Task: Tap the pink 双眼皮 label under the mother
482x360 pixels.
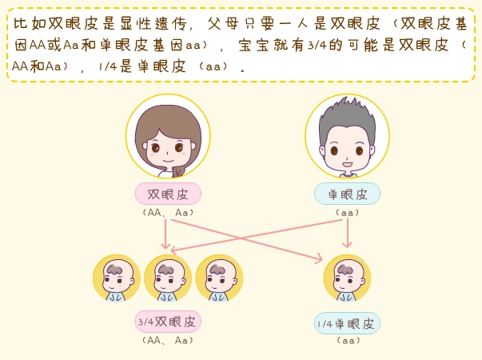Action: point(168,194)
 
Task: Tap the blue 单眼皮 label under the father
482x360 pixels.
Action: point(347,194)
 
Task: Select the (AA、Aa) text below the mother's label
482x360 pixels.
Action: point(168,213)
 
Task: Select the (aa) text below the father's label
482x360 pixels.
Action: point(347,213)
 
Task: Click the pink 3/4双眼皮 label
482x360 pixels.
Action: point(168,322)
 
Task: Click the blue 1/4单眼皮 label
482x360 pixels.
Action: point(347,323)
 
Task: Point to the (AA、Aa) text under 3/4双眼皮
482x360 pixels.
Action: point(168,340)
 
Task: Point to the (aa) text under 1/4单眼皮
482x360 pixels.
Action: point(347,341)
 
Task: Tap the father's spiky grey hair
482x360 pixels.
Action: point(348,112)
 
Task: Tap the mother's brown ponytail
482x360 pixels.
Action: point(180,167)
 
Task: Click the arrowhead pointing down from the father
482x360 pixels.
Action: point(347,243)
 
